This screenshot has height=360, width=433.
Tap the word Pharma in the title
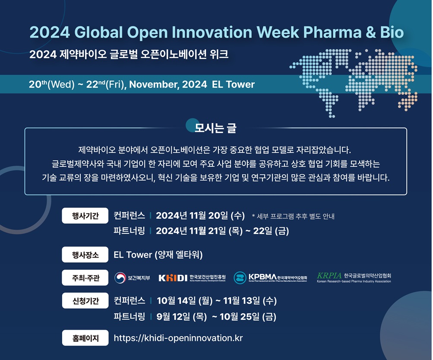[332, 32]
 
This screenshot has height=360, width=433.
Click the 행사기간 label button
[85, 215]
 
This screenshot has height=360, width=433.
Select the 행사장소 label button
[85, 255]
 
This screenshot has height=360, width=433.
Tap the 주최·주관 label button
[85, 277]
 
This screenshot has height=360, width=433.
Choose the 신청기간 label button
[85, 300]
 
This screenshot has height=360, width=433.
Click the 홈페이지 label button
[85, 338]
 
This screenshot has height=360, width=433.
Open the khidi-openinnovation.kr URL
[178, 338]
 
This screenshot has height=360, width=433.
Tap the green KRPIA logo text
[329, 275]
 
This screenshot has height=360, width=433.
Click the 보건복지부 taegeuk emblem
[120, 277]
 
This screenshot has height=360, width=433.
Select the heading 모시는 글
[215, 128]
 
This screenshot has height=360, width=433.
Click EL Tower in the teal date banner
[234, 84]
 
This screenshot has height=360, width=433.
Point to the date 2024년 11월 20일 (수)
[200, 216]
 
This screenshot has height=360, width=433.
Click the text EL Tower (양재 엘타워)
[158, 255]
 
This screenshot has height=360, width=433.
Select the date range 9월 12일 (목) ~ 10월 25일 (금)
[216, 317]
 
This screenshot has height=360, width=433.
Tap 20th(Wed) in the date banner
[52, 84]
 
